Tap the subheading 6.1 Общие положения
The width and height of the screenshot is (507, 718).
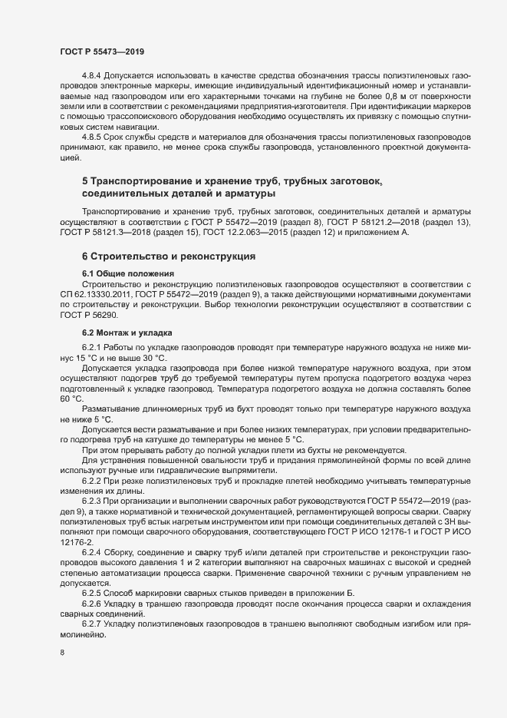pos(128,274)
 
